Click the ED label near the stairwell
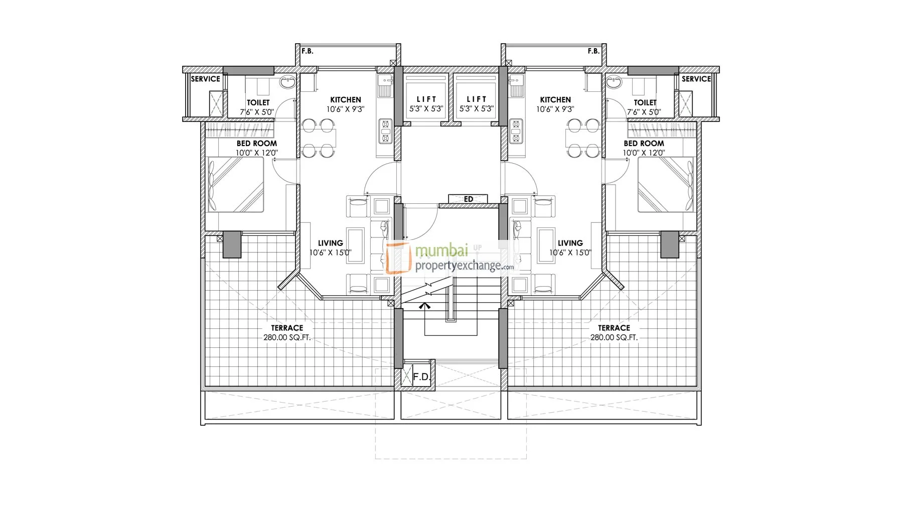coord(469,199)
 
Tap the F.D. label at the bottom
coord(421,376)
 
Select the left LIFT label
coord(426,99)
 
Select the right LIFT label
coord(477,99)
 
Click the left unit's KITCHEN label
coord(346,100)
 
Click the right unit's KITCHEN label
coord(555,100)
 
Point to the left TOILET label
coord(258,102)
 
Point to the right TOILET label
coord(645,102)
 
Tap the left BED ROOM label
coord(257,144)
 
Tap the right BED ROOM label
coord(644,144)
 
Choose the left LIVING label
coord(331,243)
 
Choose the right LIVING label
coord(570,243)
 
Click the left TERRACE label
coord(287,328)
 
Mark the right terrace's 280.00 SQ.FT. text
coord(614,338)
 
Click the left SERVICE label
coord(206,79)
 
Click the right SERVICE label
coord(696,79)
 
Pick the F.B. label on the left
coord(308,51)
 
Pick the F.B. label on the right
coord(593,51)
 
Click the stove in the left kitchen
coord(385,131)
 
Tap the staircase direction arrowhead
coord(425,305)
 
